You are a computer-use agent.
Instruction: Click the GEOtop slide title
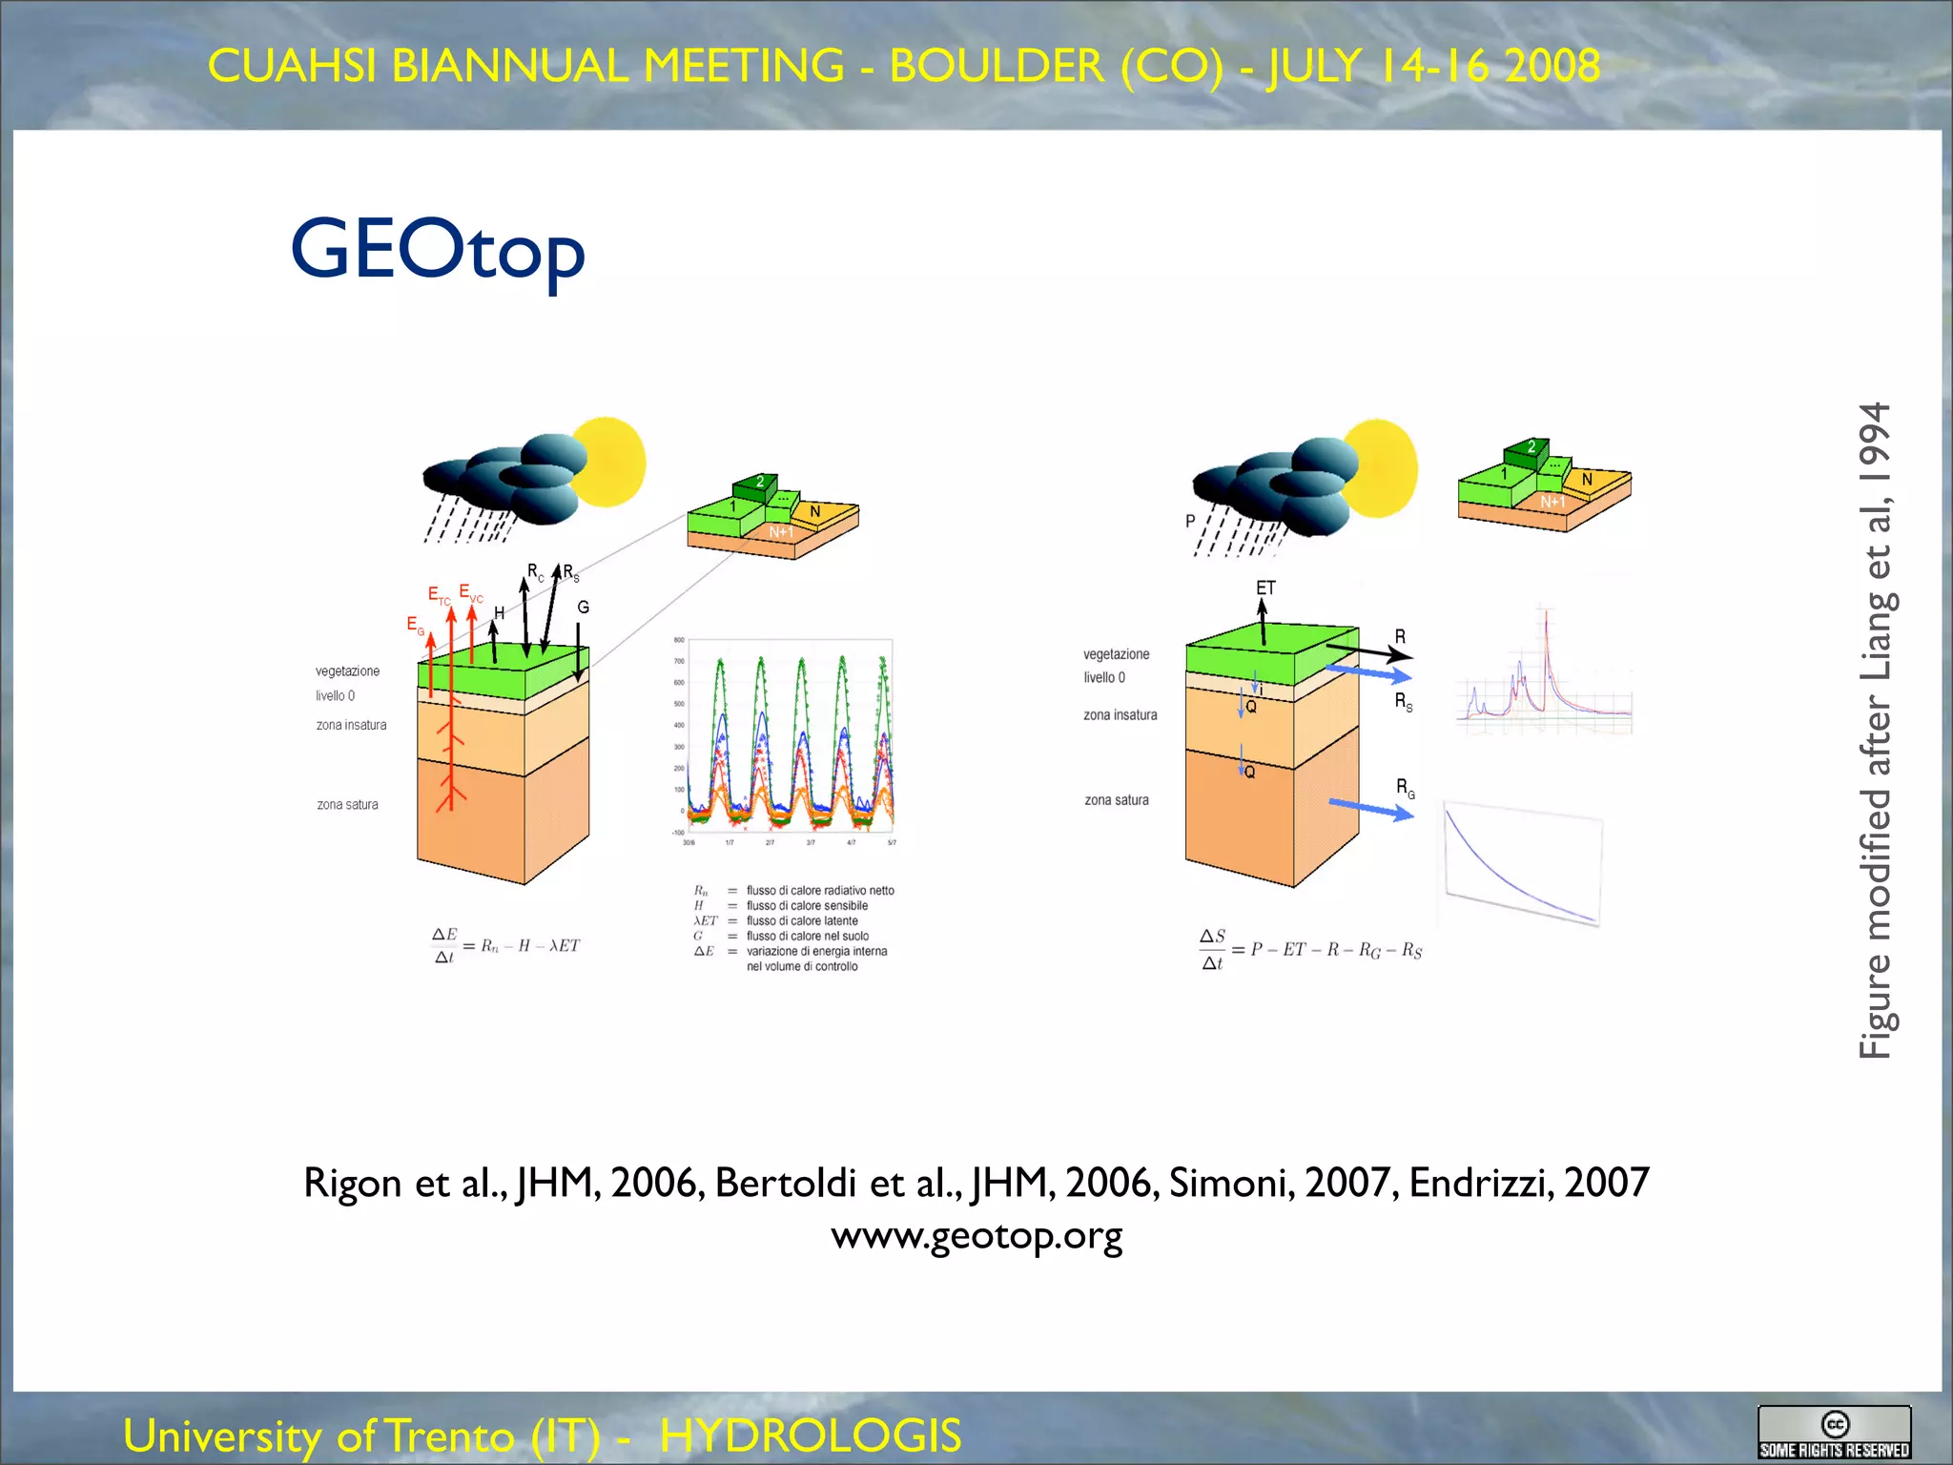[x=438, y=250]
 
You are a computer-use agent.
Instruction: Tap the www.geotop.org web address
[x=976, y=1235]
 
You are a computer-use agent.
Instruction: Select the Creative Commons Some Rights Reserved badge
[x=1834, y=1433]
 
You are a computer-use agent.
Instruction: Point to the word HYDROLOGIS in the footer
[x=811, y=1435]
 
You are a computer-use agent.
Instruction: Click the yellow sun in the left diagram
[x=610, y=462]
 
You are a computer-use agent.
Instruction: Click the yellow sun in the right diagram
[x=1381, y=467]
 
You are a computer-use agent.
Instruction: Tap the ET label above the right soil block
[x=1265, y=588]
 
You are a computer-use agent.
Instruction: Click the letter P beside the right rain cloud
[x=1190, y=521]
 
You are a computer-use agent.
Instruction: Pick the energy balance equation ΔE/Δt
[x=505, y=945]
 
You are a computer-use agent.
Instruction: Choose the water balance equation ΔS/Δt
[x=1310, y=949]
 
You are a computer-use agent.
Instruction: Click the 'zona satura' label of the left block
[x=347, y=804]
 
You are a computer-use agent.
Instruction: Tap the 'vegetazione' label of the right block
[x=1116, y=654]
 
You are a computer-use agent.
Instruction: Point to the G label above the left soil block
[x=584, y=607]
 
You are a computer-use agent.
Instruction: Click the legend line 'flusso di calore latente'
[x=801, y=920]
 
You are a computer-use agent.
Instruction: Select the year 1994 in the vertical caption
[x=1875, y=443]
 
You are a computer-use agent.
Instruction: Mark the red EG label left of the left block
[x=415, y=625]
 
